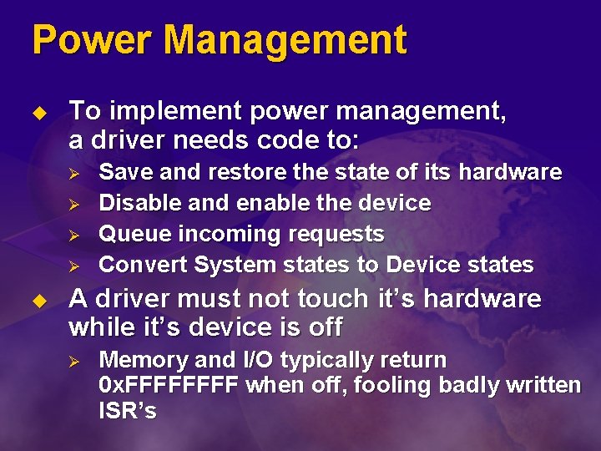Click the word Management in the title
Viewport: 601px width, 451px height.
click(x=285, y=40)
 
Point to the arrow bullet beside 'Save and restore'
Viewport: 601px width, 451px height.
click(x=73, y=173)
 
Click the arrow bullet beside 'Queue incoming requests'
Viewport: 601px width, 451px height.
click(x=73, y=235)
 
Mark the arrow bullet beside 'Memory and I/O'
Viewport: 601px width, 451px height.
click(x=73, y=361)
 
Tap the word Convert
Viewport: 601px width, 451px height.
click(x=143, y=265)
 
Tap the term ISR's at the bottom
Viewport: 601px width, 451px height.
click(x=128, y=411)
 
